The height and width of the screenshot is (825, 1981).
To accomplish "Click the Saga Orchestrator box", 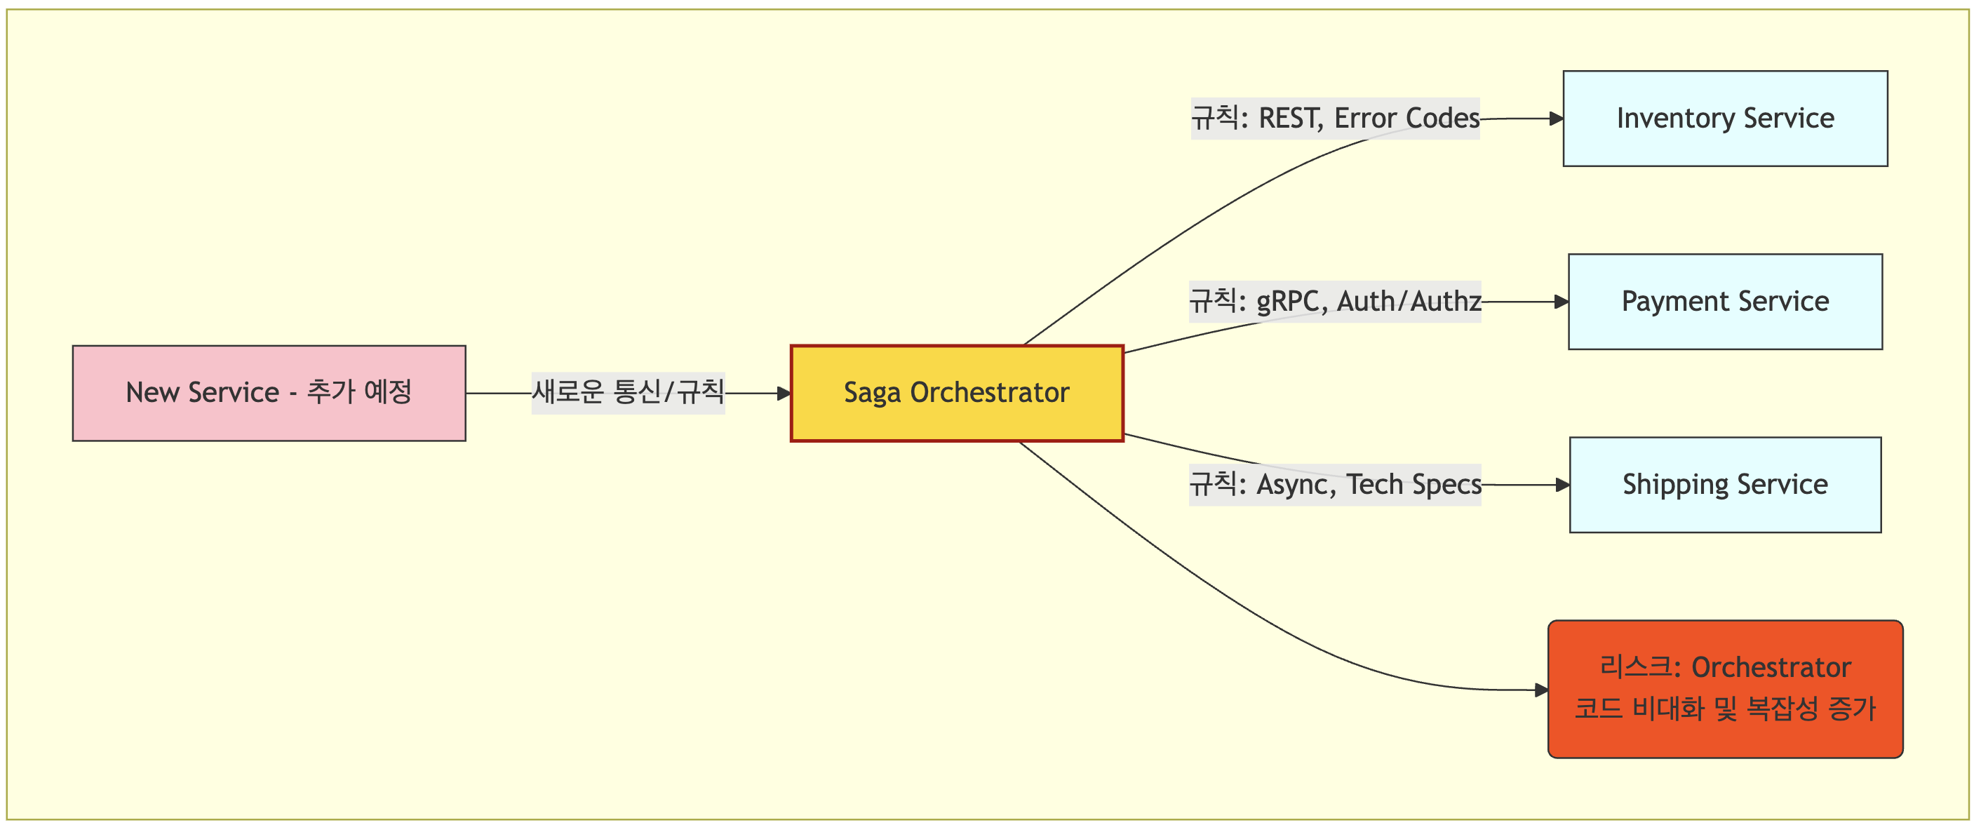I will click(x=957, y=393).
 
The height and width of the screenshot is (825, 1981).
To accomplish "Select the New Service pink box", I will click(x=269, y=393).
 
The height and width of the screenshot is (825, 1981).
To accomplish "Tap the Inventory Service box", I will click(x=1725, y=119).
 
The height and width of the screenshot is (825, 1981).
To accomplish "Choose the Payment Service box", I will click(x=1725, y=302).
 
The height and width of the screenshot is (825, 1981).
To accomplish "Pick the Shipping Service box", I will click(x=1725, y=484).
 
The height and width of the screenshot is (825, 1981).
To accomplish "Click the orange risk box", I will click(x=1725, y=688).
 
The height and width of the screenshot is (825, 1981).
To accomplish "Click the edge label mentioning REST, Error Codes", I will click(x=1335, y=119).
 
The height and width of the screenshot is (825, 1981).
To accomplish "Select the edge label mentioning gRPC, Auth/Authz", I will click(x=1335, y=302).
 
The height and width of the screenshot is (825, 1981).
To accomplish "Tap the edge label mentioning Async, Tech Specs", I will click(x=1335, y=484).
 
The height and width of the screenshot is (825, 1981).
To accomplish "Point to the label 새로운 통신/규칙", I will click(x=628, y=393).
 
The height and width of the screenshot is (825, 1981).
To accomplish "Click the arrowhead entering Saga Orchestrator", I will click(x=784, y=394).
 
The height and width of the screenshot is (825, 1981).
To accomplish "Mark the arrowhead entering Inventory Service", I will click(x=1556, y=119).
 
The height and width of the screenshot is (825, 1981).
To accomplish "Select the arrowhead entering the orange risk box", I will click(x=1541, y=690).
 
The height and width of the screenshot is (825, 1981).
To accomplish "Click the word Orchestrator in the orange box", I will click(x=1771, y=667).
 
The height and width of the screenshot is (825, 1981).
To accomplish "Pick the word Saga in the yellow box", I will click(x=872, y=393).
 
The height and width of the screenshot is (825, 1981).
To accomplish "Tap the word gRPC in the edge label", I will click(x=1287, y=302).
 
